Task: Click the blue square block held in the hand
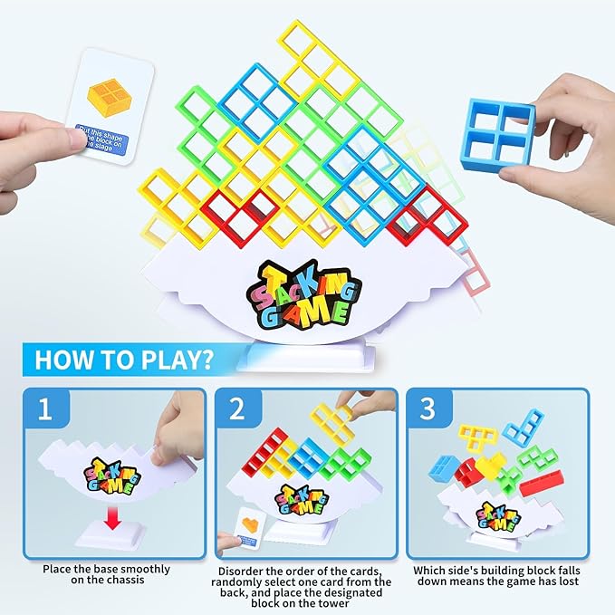496,134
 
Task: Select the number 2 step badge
237,408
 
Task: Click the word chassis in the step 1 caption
140,581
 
